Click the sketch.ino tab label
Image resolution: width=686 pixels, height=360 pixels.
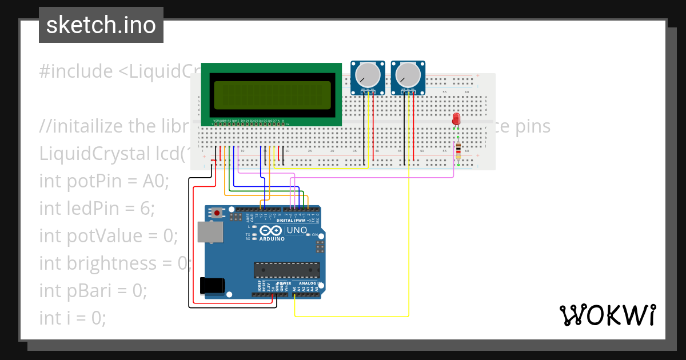101,25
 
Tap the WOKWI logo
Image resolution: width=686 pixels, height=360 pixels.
607,315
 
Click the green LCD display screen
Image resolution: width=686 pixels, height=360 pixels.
272,95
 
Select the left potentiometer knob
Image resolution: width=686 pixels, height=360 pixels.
367,75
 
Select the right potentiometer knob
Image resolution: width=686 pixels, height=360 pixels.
408,75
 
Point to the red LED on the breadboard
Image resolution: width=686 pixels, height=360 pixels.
456,119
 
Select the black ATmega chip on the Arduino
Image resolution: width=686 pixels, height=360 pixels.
287,269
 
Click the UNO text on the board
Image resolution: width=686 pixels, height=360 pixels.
297,230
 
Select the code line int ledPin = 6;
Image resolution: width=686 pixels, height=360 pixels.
97,209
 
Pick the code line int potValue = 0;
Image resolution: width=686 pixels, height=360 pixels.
109,235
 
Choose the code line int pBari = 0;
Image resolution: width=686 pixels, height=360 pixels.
93,290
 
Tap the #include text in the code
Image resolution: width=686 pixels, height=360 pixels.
76,71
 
